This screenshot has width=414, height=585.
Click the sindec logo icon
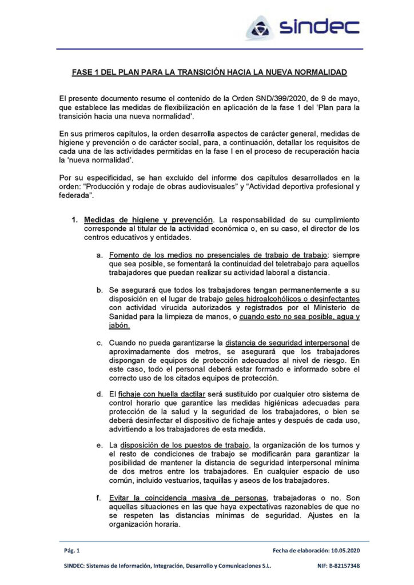(261, 27)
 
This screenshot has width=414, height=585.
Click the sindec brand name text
(319, 26)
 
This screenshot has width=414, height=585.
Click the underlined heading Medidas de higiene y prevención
(149, 219)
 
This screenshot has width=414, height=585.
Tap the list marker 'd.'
(99, 394)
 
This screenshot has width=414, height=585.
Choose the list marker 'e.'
(99, 445)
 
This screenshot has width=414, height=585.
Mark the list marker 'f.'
(99, 496)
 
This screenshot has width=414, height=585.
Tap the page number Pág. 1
(72, 550)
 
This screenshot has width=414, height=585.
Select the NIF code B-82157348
(343, 566)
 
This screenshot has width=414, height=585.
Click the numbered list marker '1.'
(74, 219)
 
